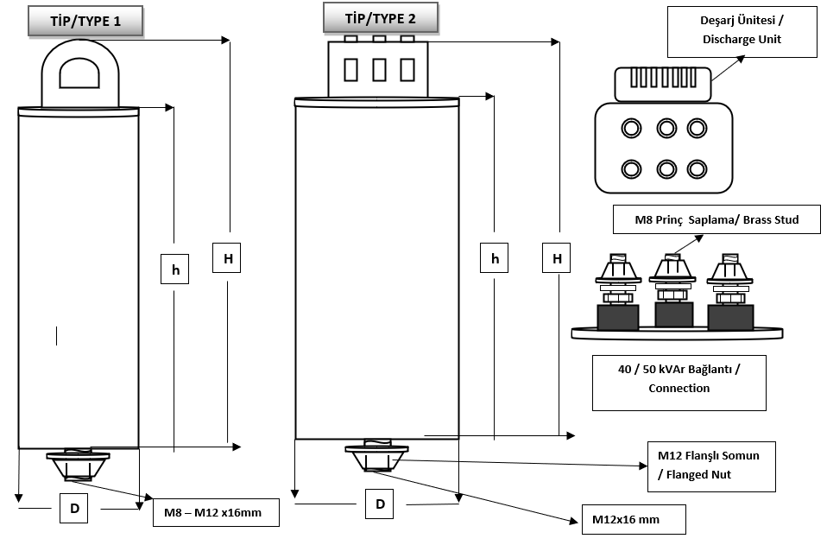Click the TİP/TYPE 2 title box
pos(380,18)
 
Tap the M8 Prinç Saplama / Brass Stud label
pos(704,220)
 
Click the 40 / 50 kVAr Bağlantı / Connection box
pos(679,378)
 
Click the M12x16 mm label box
pos(634,520)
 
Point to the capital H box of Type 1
pos(227,258)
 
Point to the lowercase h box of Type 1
pos(174,269)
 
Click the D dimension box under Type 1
pos(74,510)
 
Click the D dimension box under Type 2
pos(380,504)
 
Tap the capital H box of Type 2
pos(557,258)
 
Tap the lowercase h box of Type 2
pos(495,258)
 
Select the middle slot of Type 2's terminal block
pos(377,68)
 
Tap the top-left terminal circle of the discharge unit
pos(631,129)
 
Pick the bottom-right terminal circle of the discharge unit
pos(697,168)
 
